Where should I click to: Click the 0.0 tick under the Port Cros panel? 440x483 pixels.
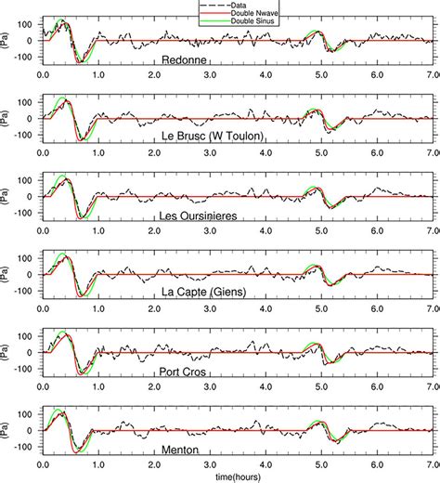click(43, 384)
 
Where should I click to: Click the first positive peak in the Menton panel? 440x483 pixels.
click(58, 411)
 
